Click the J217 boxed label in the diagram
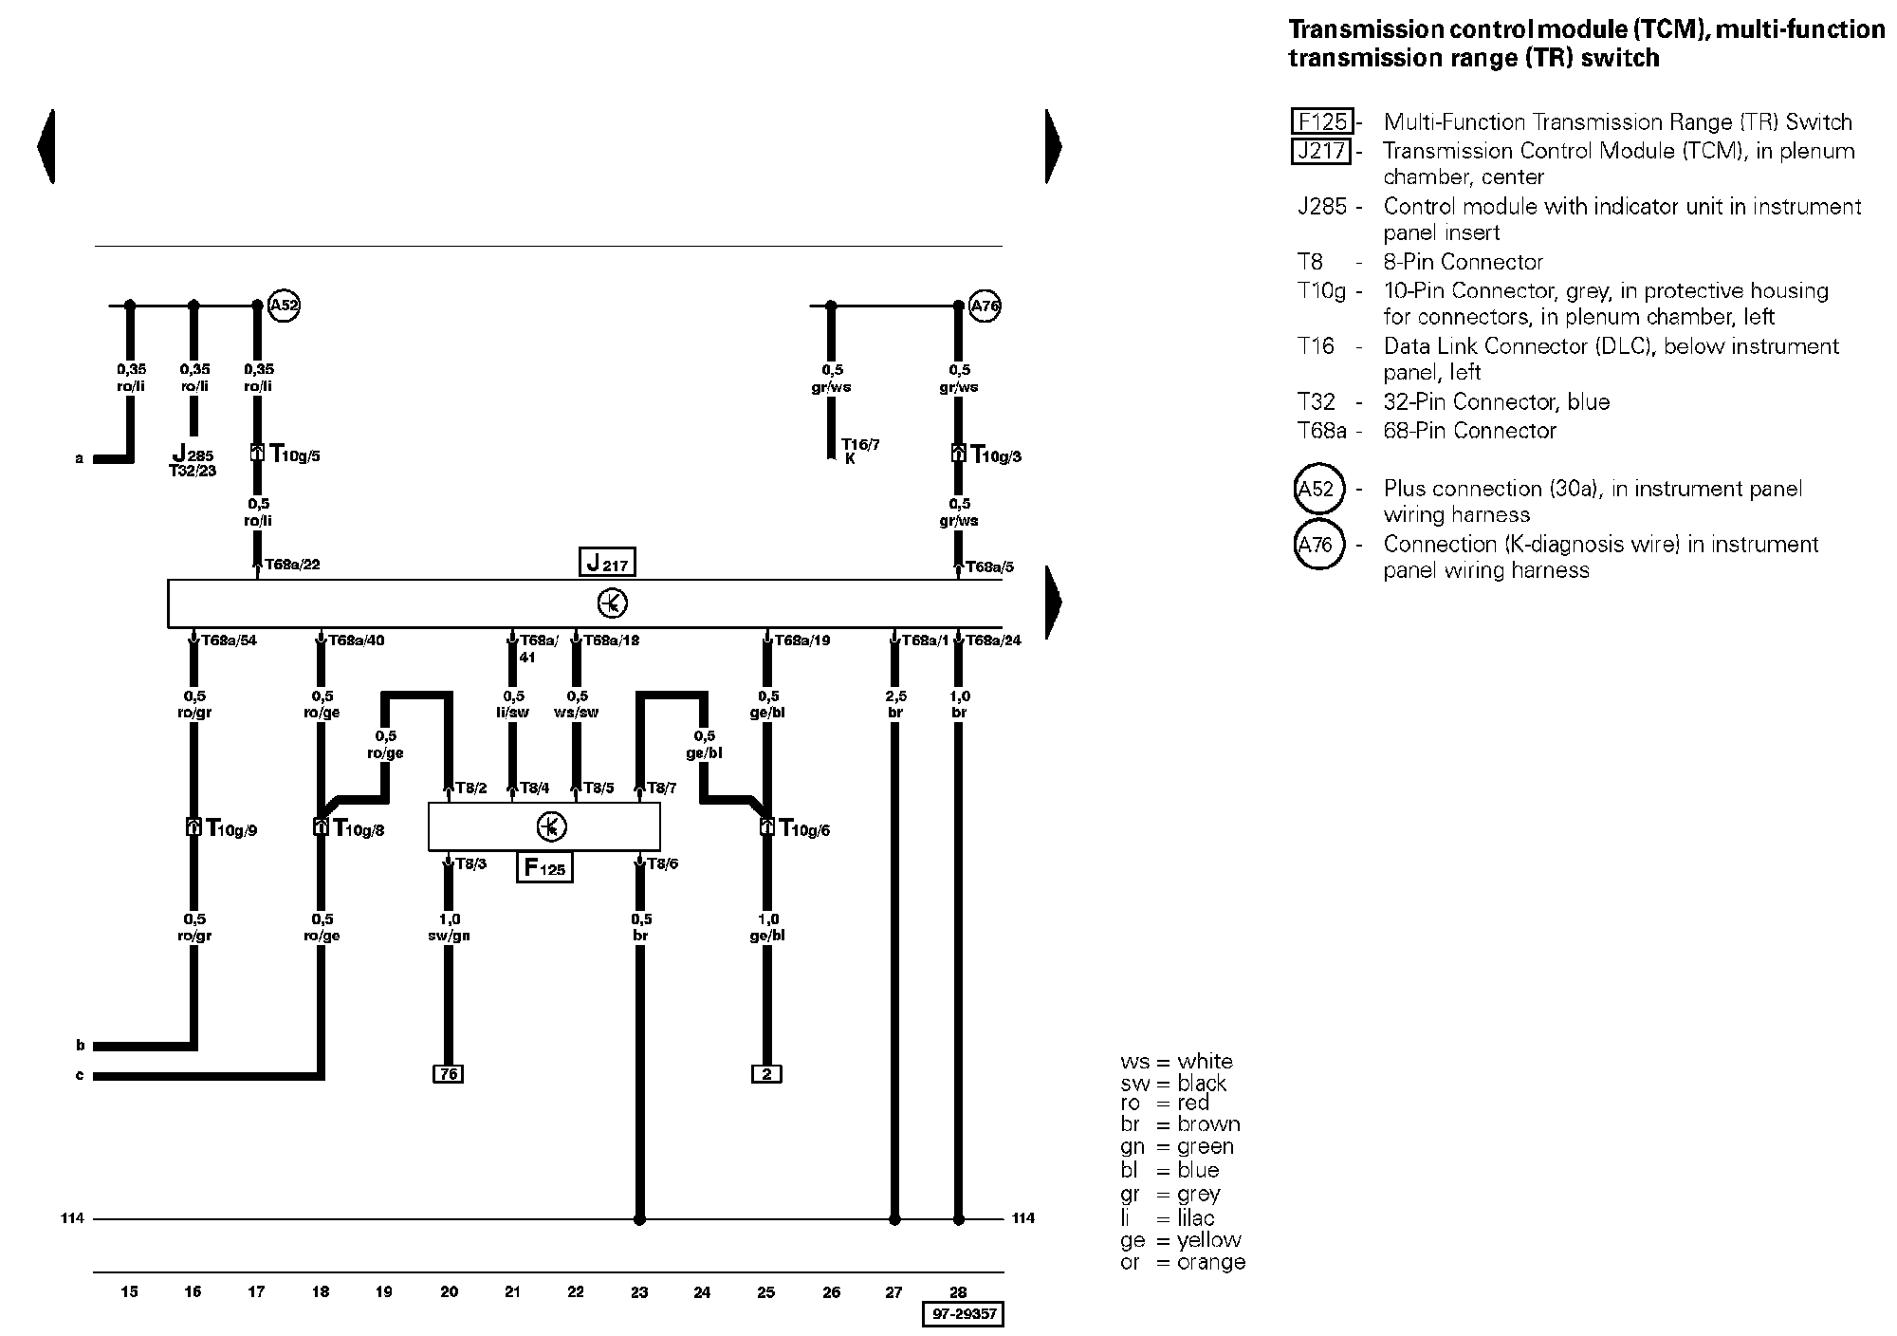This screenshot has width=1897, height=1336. coord(607,563)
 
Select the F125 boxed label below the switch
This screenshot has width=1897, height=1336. coord(544,867)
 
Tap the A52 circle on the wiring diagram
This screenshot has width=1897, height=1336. coord(285,306)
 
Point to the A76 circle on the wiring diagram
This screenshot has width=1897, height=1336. coord(985,306)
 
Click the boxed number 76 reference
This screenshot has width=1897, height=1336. coord(448,1074)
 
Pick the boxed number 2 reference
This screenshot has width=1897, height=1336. coord(766,1074)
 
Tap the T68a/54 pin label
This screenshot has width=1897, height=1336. coord(229,640)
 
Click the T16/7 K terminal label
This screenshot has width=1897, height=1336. coord(859,451)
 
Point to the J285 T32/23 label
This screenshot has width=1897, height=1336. coord(193,461)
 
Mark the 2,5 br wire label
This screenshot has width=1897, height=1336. coord(894,704)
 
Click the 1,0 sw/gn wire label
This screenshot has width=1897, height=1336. coord(449,927)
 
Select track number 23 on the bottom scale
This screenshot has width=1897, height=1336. coord(639,1291)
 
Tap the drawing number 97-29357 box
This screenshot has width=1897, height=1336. coord(962,1314)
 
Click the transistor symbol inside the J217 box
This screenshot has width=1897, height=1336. coord(612,603)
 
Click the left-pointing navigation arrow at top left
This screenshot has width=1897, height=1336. coord(46,146)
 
